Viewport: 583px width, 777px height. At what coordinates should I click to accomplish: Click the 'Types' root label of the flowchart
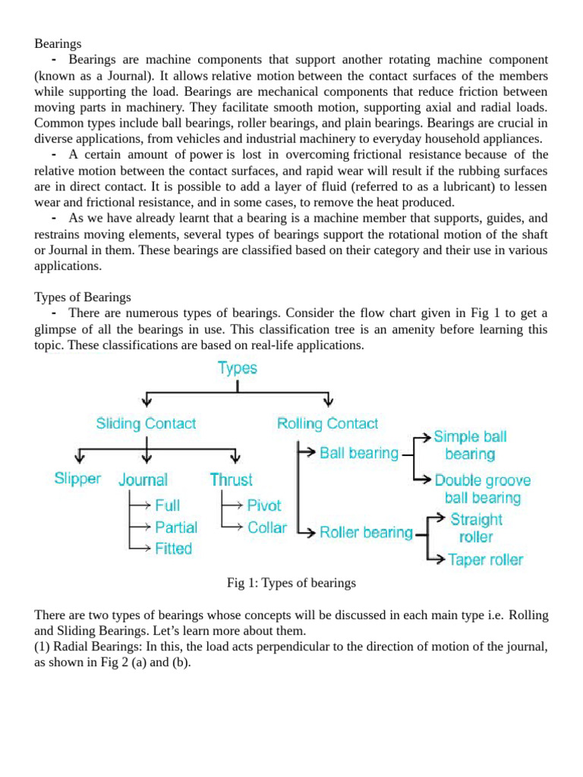point(238,368)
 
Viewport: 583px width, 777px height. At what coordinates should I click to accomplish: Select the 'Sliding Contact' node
point(146,423)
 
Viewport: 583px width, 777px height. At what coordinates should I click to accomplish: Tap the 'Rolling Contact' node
point(327,423)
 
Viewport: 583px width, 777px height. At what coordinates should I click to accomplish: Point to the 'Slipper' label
point(77,479)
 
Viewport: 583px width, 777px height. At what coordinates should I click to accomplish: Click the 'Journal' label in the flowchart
point(143,480)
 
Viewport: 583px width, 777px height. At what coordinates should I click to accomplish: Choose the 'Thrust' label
point(232,480)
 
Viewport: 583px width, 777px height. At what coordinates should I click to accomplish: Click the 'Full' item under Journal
point(167,505)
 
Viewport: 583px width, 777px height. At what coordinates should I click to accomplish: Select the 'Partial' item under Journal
point(175,527)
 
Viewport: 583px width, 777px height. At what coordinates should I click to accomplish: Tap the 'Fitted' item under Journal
point(173,548)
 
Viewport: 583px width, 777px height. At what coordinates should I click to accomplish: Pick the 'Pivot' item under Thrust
point(263,505)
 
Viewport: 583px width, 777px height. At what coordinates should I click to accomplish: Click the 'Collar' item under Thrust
point(267,527)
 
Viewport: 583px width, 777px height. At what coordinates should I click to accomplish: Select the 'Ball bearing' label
point(358,453)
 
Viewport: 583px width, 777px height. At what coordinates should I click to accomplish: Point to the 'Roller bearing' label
point(366,532)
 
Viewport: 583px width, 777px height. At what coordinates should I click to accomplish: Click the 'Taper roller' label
point(485,560)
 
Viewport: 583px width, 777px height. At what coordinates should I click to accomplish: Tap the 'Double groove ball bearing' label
point(482,489)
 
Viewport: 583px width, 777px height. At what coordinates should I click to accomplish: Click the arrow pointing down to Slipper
point(78,455)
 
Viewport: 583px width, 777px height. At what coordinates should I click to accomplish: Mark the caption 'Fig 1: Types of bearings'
point(291,583)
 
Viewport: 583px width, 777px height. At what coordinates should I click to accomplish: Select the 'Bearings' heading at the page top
point(58,44)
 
